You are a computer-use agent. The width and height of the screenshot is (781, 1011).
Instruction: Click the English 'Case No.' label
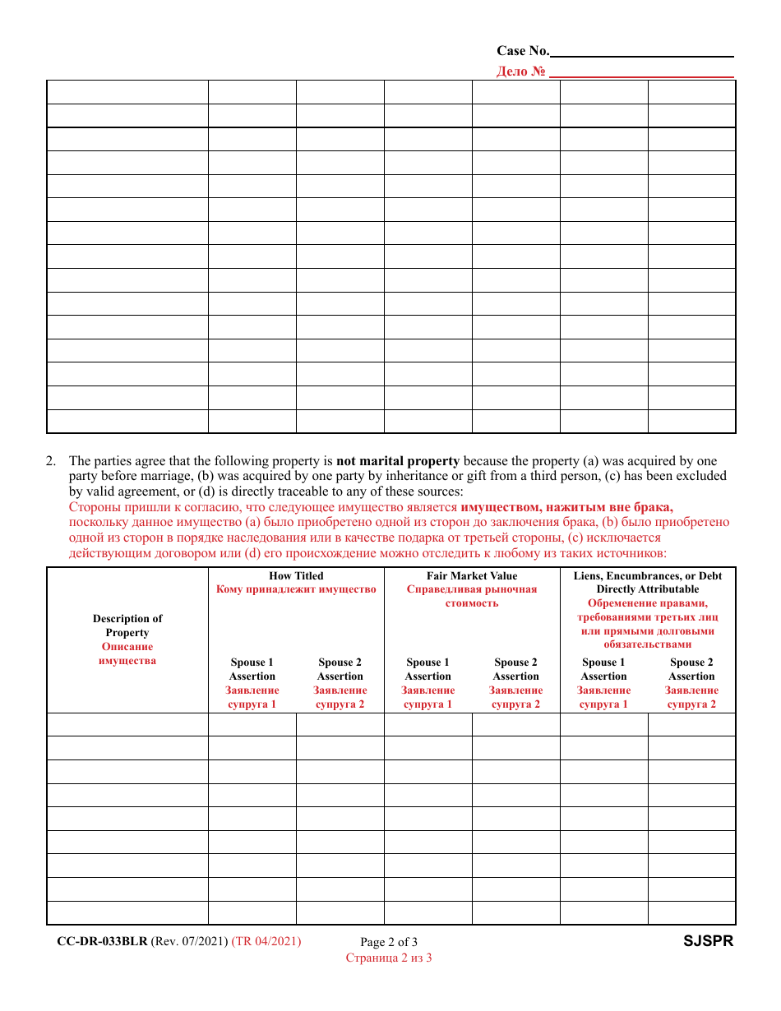(523, 51)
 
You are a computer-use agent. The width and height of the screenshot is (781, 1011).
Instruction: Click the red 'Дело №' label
(521, 72)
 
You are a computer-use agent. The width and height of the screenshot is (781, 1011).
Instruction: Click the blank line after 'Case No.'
(642, 53)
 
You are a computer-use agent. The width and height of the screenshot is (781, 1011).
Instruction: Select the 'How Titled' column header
(296, 575)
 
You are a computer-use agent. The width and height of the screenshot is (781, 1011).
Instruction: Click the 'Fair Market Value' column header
(472, 575)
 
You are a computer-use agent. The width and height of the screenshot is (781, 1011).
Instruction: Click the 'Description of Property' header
(127, 626)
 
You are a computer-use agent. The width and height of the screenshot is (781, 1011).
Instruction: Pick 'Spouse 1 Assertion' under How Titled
(252, 669)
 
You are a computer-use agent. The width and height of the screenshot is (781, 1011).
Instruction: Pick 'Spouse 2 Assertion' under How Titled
(340, 669)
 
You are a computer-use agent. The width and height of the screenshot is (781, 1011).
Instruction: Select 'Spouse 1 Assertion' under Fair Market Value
(428, 669)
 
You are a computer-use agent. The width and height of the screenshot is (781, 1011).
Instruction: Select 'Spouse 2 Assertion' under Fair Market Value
(516, 669)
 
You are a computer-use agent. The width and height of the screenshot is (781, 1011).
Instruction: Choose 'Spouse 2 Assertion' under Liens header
(691, 669)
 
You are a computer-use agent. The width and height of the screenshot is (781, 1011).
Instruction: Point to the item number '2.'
(52, 461)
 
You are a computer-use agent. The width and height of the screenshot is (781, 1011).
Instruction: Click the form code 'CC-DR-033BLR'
(102, 941)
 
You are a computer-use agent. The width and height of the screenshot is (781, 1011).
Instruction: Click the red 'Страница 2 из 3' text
(389, 958)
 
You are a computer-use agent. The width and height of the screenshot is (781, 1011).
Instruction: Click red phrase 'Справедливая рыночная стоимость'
(472, 596)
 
